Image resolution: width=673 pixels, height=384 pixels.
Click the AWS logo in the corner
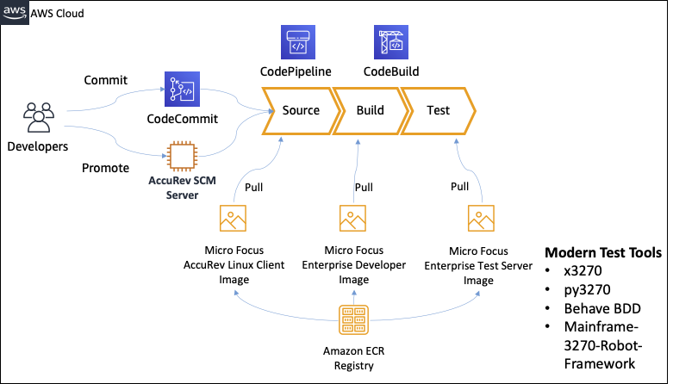[14, 11]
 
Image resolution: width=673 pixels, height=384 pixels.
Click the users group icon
[39, 117]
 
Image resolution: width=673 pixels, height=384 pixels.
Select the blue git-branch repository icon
[182, 89]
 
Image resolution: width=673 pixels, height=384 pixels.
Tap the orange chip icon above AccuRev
[182, 157]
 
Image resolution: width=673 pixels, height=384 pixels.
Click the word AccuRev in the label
[168, 181]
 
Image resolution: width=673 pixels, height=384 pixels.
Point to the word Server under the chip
[182, 195]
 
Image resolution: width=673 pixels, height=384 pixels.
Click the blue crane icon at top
[391, 42]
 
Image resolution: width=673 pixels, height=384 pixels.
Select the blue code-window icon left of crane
[298, 42]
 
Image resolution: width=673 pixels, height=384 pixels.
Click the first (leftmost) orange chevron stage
[298, 111]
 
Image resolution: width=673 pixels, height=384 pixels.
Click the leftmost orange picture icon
[233, 218]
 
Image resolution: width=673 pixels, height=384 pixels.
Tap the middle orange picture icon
[352, 218]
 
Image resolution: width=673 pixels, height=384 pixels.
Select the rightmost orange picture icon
[481, 218]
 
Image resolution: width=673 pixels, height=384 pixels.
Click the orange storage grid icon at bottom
[353, 319]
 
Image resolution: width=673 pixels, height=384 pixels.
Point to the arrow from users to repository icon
[116, 102]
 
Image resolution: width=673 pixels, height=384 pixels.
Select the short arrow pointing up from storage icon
[353, 297]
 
